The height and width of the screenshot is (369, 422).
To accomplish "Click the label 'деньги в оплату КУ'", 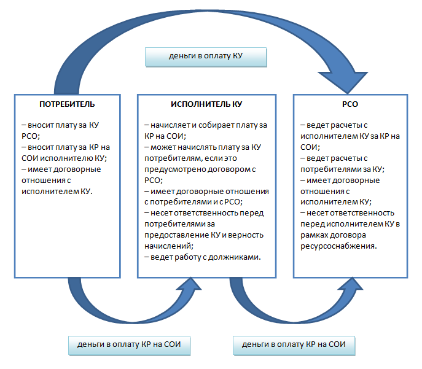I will point(206,56).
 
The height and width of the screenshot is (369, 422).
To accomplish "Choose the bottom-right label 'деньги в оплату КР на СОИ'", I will point(294,344).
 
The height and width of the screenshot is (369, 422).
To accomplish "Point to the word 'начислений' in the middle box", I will point(164,246).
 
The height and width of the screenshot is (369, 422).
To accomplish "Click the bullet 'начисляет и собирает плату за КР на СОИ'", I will point(205,130).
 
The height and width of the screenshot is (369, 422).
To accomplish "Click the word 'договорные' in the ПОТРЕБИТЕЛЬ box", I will point(80,169).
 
